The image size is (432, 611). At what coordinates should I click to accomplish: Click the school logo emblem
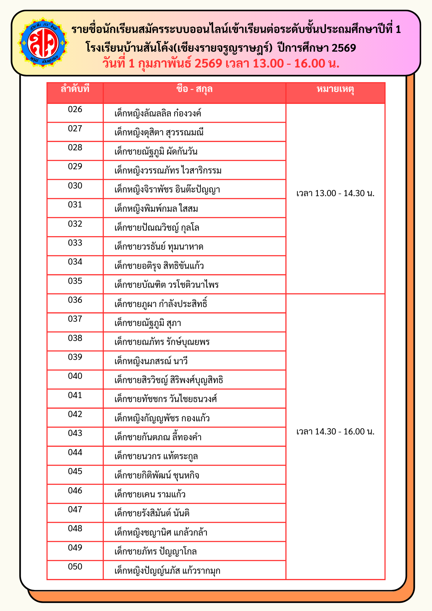[x=43, y=43]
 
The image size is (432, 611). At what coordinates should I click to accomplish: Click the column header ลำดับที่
[x=75, y=89]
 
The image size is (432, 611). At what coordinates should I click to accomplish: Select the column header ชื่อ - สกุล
[x=194, y=89]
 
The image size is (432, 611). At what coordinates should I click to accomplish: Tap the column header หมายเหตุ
[x=335, y=89]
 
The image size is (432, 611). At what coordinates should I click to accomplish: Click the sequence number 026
[x=75, y=109]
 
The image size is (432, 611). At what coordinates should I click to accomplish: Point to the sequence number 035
[x=75, y=281]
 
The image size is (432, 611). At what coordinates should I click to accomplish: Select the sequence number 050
[x=75, y=567]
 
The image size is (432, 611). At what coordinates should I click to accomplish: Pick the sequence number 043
[x=75, y=433]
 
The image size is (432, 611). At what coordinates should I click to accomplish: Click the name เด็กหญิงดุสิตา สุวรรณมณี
[x=159, y=133]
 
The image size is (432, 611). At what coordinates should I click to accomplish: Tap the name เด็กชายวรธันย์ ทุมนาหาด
[x=159, y=247]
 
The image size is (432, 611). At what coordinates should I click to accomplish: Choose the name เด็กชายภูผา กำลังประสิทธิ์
[x=161, y=304]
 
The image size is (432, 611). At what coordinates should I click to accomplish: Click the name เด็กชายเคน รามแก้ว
[x=150, y=494]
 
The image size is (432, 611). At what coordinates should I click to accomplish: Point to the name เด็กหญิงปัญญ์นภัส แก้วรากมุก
[x=167, y=571]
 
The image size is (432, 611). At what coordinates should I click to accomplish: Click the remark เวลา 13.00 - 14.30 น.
[x=335, y=193]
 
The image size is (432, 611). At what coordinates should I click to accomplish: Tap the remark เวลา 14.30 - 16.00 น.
[x=335, y=432]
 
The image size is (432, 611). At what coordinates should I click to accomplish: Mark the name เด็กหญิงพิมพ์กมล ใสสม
[x=156, y=209]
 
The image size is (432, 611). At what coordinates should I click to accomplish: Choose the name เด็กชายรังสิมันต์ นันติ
[x=152, y=513]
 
